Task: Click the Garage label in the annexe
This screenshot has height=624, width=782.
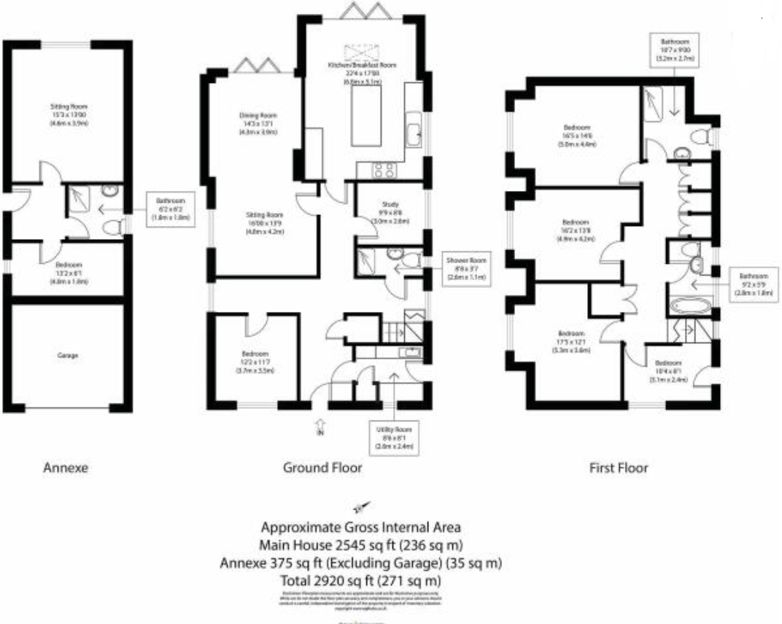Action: [x=67, y=356]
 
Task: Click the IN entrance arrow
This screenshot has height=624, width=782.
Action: [x=319, y=426]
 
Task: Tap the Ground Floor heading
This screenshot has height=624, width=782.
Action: [x=322, y=467]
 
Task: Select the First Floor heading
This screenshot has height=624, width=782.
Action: [x=619, y=467]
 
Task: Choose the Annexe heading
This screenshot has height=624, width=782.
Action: [x=66, y=467]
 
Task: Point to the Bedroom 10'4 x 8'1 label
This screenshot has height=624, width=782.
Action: [x=667, y=368]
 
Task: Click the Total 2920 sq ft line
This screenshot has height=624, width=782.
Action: [x=361, y=581]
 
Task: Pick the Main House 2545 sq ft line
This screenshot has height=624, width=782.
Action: [x=361, y=545]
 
